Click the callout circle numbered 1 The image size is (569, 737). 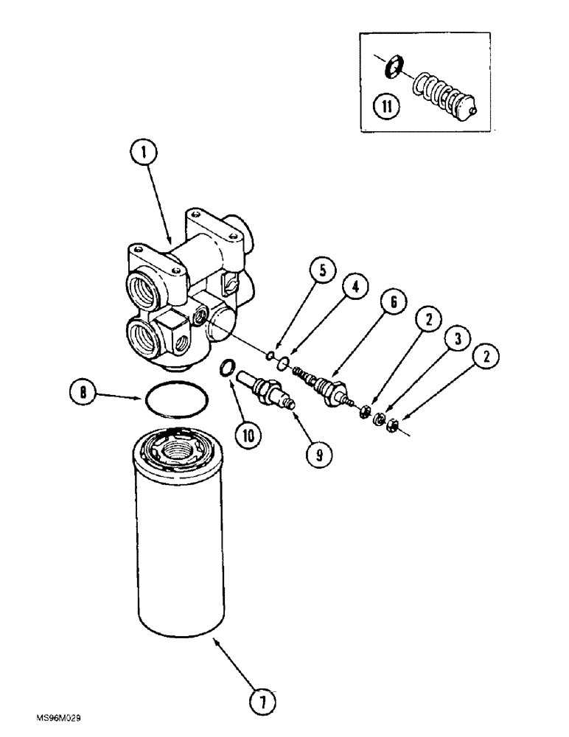(146, 155)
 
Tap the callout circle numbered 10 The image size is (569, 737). (248, 436)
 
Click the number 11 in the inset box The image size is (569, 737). (385, 106)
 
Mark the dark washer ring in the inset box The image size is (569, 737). (394, 68)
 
